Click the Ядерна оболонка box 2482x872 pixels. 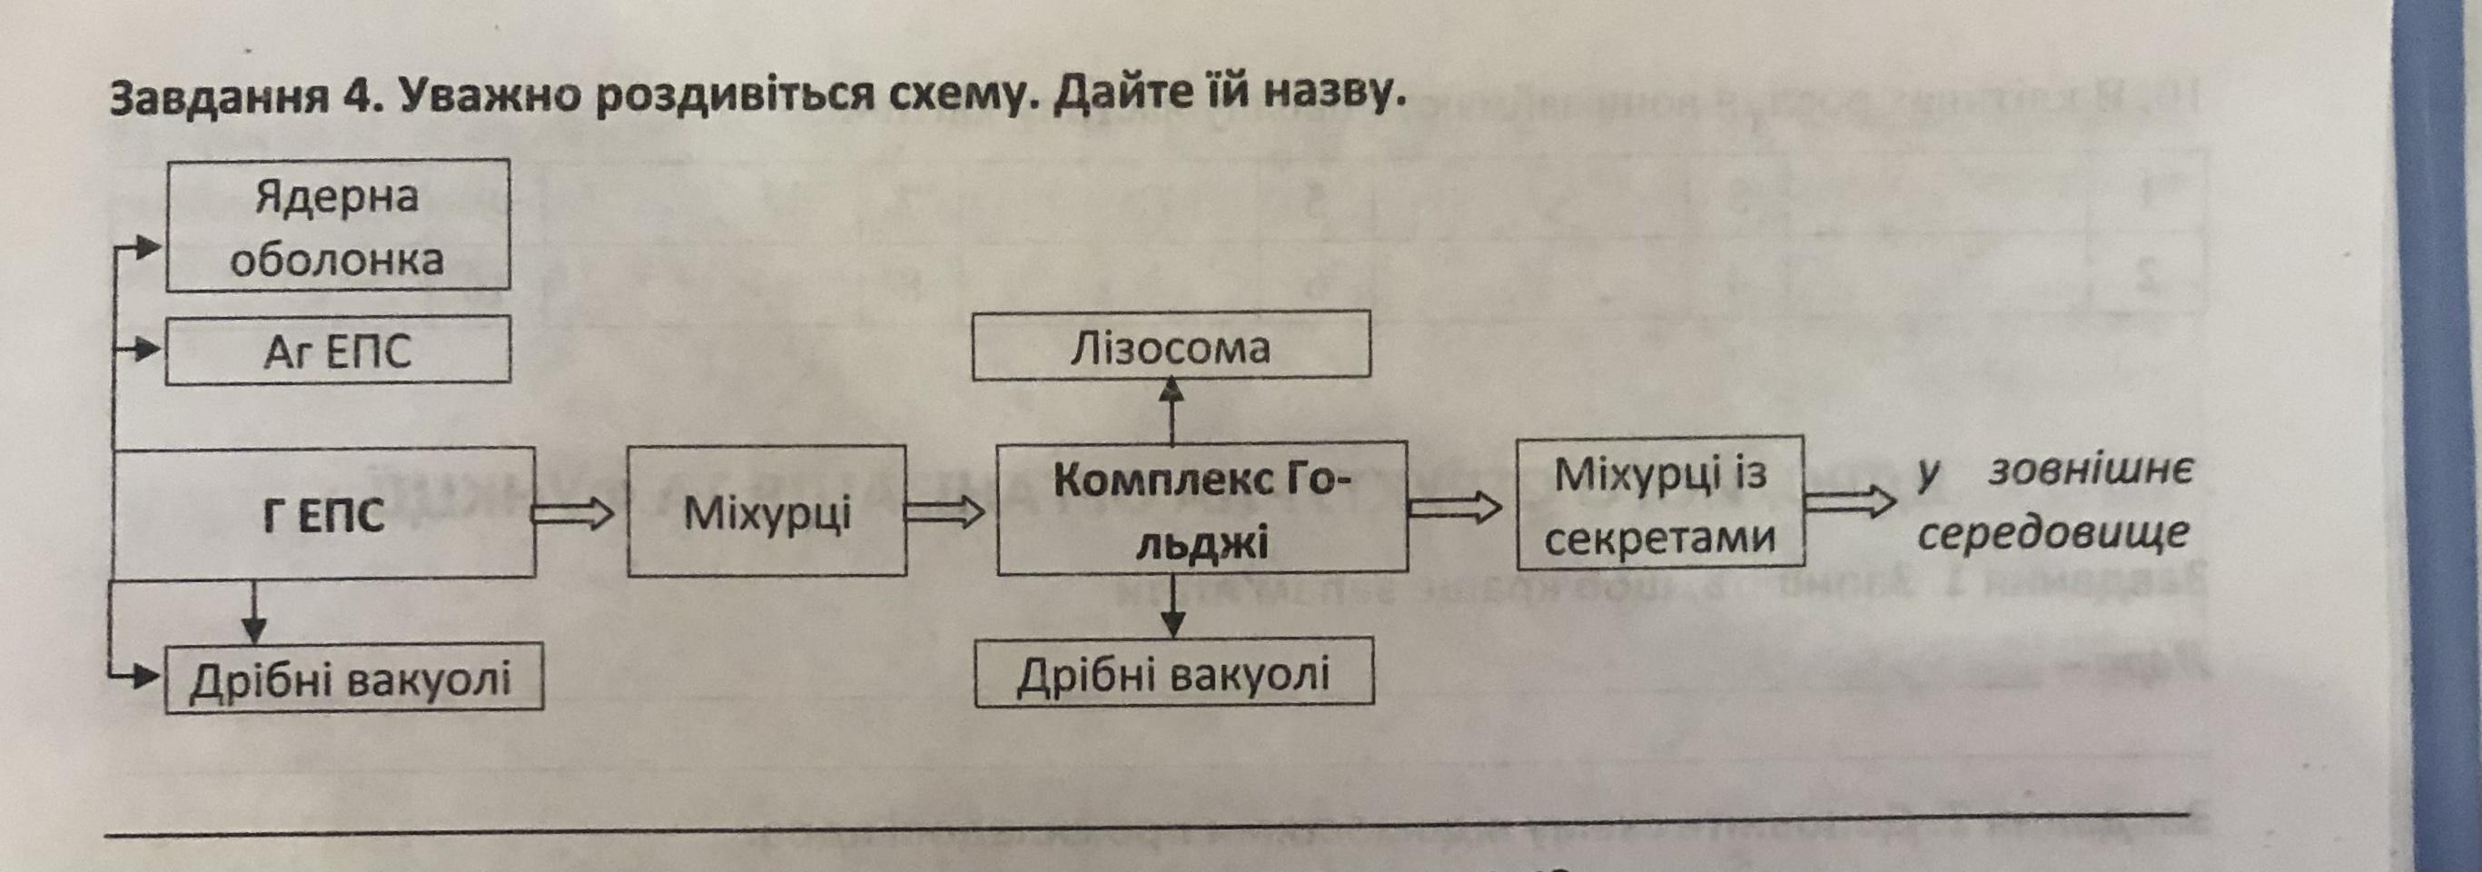337,225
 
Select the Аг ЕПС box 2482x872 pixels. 337,351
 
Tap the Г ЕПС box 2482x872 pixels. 323,513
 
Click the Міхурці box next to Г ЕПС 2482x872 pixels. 767,511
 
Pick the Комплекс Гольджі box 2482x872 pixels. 1201,510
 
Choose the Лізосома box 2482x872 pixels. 1171,345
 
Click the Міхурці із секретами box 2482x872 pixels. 1659,505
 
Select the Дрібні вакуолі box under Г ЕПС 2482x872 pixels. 352,679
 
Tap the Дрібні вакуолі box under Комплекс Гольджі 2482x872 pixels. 1173,671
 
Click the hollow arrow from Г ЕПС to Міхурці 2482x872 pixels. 573,514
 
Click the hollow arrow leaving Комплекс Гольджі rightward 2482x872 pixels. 1455,508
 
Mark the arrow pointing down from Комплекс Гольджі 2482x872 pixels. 1172,606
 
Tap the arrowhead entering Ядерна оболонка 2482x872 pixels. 145,248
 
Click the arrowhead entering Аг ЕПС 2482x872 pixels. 145,349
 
